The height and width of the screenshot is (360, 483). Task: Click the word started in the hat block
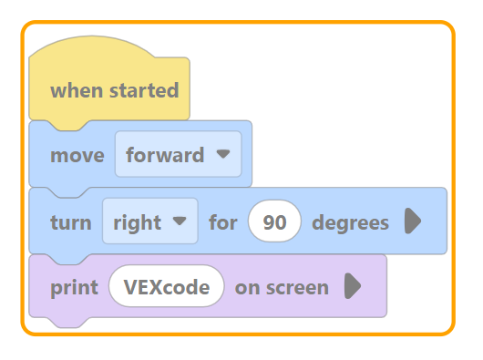144,90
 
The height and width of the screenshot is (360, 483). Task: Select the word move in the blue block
77,155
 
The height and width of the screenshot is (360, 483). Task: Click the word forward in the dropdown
165,155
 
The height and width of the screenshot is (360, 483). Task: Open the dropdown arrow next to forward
223,153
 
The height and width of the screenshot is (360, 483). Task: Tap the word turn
71,222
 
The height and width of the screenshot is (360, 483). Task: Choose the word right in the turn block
137,222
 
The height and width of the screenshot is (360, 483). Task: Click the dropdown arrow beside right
180,221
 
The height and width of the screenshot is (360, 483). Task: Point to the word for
223,222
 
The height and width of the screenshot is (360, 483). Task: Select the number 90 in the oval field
274,222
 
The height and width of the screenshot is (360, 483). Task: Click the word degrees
350,222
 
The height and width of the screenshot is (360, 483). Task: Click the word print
74,288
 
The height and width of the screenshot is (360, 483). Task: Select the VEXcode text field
167,286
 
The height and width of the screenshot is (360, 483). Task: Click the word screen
297,288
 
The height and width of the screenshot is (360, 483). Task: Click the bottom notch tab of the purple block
70,322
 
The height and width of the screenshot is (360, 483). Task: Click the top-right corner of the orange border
450,26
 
